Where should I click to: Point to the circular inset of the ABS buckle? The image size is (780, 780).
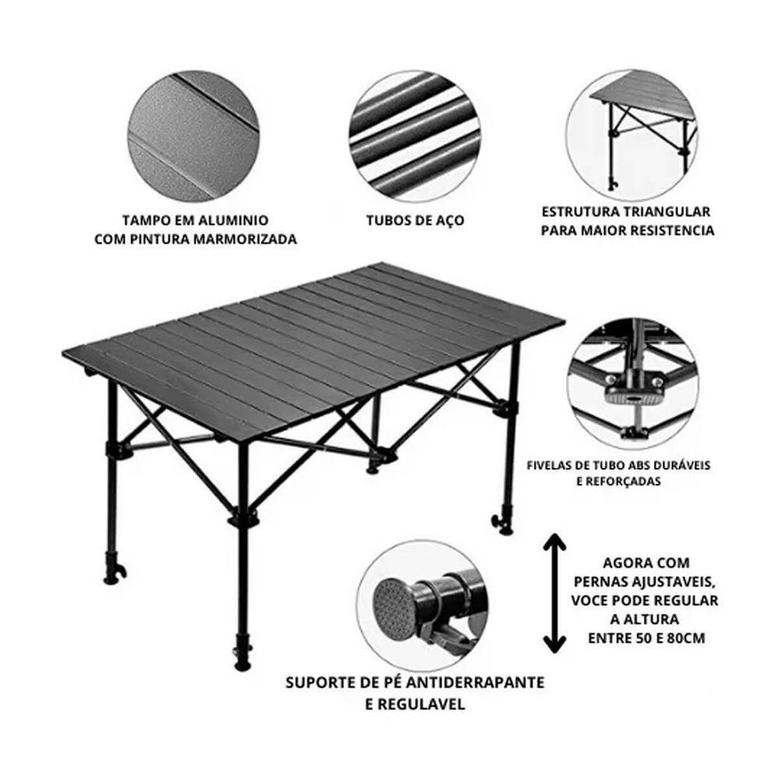pyautogui.click(x=633, y=381)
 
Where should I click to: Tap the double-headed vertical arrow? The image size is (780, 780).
pyautogui.click(x=554, y=593)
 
